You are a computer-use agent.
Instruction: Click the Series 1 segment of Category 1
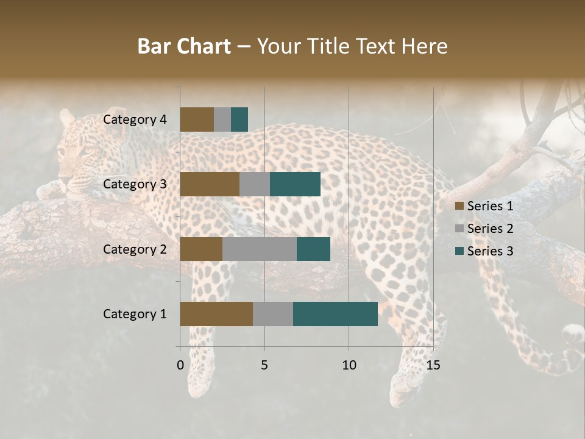(216, 314)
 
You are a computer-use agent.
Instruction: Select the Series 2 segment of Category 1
(273, 314)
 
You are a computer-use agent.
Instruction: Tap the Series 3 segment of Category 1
(335, 314)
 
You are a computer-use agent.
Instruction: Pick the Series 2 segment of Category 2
(260, 249)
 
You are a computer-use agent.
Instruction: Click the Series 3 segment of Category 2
(313, 249)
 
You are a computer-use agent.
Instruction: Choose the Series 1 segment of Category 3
(210, 184)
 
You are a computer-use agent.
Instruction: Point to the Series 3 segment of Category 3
(295, 184)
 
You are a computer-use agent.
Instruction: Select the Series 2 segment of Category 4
(222, 120)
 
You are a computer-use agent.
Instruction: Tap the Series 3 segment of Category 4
(239, 120)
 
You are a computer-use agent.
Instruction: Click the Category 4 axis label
(135, 120)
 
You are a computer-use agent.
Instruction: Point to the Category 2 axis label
(135, 249)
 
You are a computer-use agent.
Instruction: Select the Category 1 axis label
(135, 314)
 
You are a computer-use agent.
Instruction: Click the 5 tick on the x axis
(264, 365)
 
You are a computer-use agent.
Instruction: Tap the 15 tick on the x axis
(433, 365)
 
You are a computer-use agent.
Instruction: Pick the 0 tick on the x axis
(180, 365)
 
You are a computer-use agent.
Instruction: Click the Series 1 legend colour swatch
(459, 206)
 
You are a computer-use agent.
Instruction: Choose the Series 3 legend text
(490, 251)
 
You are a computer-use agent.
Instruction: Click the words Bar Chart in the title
(184, 46)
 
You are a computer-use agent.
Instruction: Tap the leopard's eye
(87, 151)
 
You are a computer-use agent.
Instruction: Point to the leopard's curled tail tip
(573, 334)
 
